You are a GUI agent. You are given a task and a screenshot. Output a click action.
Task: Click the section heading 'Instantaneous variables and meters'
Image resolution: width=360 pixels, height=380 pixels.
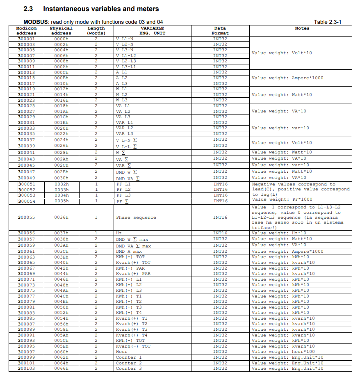(101, 9)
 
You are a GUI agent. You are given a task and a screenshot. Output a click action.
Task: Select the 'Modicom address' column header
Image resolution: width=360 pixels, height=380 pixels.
(26, 31)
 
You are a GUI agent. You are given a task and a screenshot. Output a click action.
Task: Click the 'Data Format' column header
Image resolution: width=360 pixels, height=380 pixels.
(220, 31)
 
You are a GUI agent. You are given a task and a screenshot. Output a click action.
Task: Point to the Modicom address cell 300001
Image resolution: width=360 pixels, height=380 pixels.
(26, 39)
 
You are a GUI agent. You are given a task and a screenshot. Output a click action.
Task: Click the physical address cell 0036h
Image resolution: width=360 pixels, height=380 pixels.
(61, 217)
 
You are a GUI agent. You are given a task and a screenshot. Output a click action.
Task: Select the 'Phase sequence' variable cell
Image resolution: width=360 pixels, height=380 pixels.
(136, 217)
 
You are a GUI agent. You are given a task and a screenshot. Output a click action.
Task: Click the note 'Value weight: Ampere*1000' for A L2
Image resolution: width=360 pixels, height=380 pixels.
(287, 78)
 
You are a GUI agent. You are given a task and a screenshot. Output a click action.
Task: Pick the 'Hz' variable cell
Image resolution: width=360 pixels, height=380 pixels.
(119, 233)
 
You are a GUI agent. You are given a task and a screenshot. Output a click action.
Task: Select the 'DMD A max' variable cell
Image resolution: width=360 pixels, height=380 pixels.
(129, 252)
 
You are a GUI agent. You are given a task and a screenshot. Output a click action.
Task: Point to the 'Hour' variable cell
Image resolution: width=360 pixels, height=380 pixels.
(122, 352)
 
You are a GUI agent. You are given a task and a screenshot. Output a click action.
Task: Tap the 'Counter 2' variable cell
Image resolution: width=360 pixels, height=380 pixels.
(129, 363)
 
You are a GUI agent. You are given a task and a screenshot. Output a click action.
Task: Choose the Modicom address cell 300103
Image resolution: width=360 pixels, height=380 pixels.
(26, 369)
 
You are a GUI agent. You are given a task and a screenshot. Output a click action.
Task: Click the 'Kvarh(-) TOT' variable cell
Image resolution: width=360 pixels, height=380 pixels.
(133, 346)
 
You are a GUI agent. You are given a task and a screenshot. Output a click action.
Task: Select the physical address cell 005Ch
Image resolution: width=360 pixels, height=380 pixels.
(61, 341)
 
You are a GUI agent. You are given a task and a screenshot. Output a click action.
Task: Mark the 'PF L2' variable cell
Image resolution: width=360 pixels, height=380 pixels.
(123, 190)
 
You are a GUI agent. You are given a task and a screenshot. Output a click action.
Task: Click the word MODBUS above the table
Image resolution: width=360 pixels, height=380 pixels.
(36, 22)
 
